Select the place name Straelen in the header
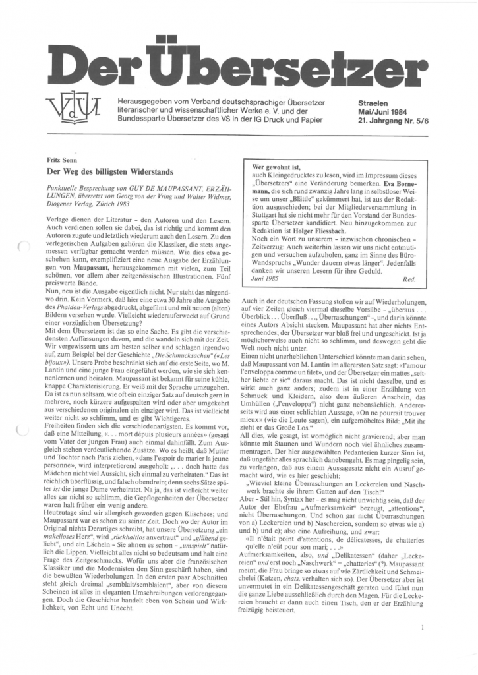click(374, 103)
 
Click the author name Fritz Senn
click(62, 160)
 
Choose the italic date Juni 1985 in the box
click(271, 279)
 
